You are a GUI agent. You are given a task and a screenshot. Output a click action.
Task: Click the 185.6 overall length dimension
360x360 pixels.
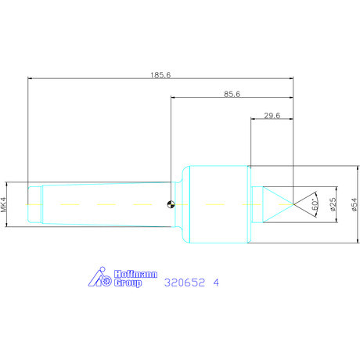point(160,75)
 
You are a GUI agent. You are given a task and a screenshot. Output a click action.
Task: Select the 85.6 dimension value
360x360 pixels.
point(232,94)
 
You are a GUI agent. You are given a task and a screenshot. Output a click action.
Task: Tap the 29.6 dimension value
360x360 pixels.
point(272,116)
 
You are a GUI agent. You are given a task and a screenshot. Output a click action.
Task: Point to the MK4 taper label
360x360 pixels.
point(3,204)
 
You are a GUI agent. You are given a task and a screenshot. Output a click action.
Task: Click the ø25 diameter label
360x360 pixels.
point(333,204)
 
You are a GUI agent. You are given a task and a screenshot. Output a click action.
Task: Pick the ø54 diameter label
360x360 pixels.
point(355,204)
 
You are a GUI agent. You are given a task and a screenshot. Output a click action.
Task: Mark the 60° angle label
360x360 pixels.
point(315,204)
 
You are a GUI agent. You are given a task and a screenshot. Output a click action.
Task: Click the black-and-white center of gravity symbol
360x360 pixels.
point(171,204)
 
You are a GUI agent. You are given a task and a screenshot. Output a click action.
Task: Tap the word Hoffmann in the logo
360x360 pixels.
point(135,274)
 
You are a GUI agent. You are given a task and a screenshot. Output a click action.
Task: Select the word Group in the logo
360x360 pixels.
point(128,283)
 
